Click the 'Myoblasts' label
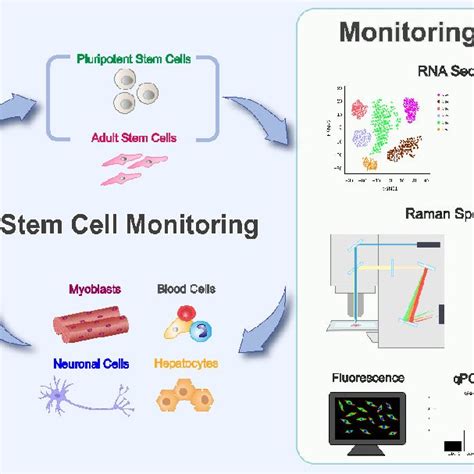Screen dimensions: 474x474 point(92,290)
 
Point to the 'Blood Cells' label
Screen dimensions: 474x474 point(186,290)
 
